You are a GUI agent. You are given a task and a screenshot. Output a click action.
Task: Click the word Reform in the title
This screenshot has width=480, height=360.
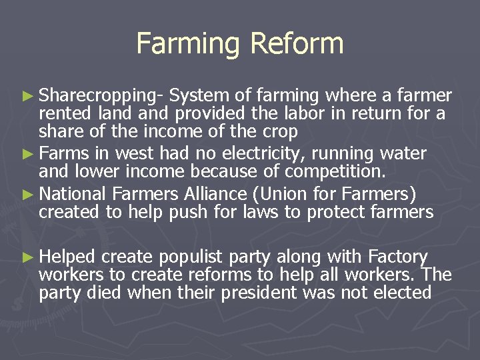tap(297, 44)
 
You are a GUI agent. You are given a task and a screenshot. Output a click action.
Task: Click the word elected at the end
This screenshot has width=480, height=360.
tap(397, 293)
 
